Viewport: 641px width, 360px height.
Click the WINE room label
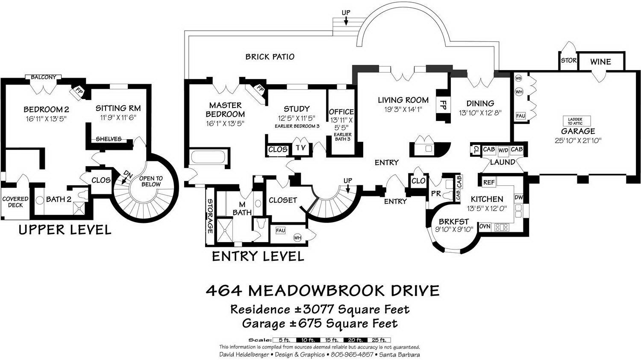point(600,61)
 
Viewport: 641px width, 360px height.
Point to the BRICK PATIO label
point(270,56)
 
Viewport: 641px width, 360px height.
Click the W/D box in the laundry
point(503,150)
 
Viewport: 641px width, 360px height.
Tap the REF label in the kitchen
point(489,182)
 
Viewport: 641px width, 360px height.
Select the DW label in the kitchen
point(518,197)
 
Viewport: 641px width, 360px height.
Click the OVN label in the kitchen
point(485,226)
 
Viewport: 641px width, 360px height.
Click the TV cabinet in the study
point(300,148)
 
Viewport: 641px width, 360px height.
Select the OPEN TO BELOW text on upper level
point(151,181)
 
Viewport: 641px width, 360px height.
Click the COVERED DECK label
point(15,202)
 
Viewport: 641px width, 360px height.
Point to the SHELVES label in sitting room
point(108,139)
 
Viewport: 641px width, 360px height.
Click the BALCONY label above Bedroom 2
point(43,77)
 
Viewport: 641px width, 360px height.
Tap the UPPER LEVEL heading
point(65,230)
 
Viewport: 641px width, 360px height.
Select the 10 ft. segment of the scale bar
point(308,340)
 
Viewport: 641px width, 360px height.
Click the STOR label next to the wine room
point(568,61)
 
